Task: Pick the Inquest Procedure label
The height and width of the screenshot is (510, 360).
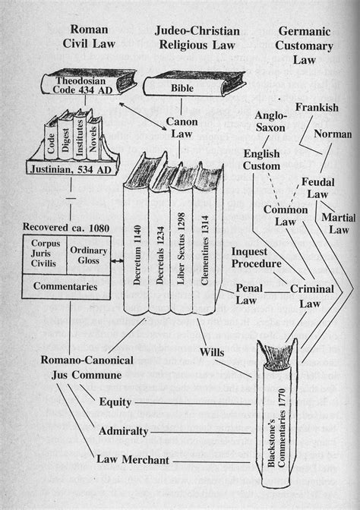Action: pos(257,257)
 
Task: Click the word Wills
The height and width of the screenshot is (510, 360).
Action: pos(214,351)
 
